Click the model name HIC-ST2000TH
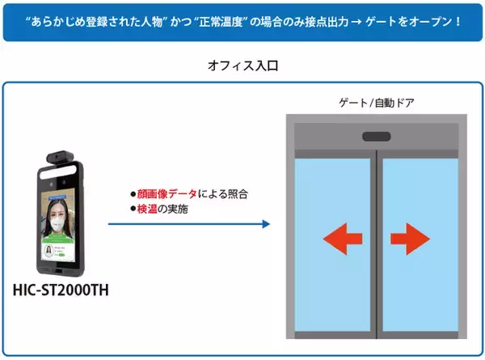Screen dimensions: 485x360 pyautogui.click(x=61, y=290)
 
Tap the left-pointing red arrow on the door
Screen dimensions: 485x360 pyautogui.click(x=343, y=239)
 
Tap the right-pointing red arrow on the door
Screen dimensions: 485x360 pyautogui.click(x=410, y=239)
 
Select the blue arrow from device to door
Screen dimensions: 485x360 pyautogui.click(x=189, y=224)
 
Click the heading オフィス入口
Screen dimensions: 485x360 pyautogui.click(x=243, y=66)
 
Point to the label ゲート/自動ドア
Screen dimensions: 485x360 pyautogui.click(x=377, y=103)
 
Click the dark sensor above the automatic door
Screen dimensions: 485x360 pyautogui.click(x=377, y=137)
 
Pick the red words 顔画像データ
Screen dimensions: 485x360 pyautogui.click(x=167, y=194)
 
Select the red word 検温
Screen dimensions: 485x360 pyautogui.click(x=147, y=209)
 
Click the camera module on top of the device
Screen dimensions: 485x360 pyautogui.click(x=61, y=157)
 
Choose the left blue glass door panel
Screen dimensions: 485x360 pyautogui.click(x=332, y=245)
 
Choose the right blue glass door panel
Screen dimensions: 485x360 pyautogui.click(x=420, y=245)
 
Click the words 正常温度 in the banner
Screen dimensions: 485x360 pyautogui.click(x=221, y=22)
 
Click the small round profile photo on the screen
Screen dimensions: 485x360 pyautogui.click(x=48, y=251)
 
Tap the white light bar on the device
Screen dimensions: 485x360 pyautogui.click(x=58, y=172)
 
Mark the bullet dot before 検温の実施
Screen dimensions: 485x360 pyautogui.click(x=133, y=210)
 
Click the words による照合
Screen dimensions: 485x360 pyautogui.click(x=223, y=194)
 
